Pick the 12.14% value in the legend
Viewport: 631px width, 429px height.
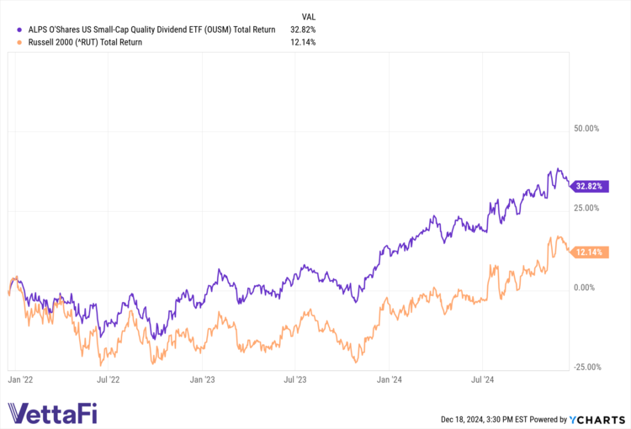(301, 42)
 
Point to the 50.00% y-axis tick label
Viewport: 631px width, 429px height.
(586, 129)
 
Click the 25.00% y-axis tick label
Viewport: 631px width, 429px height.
(586, 208)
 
